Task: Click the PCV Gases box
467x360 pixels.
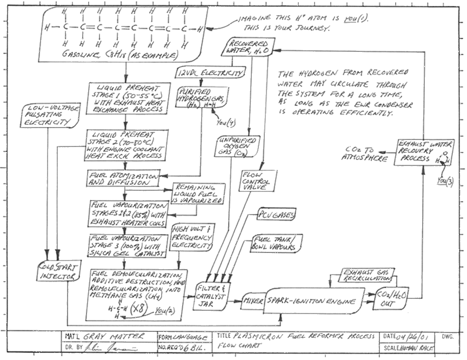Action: click(276, 215)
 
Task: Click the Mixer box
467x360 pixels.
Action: click(252, 299)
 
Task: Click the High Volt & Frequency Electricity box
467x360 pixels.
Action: click(190, 237)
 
